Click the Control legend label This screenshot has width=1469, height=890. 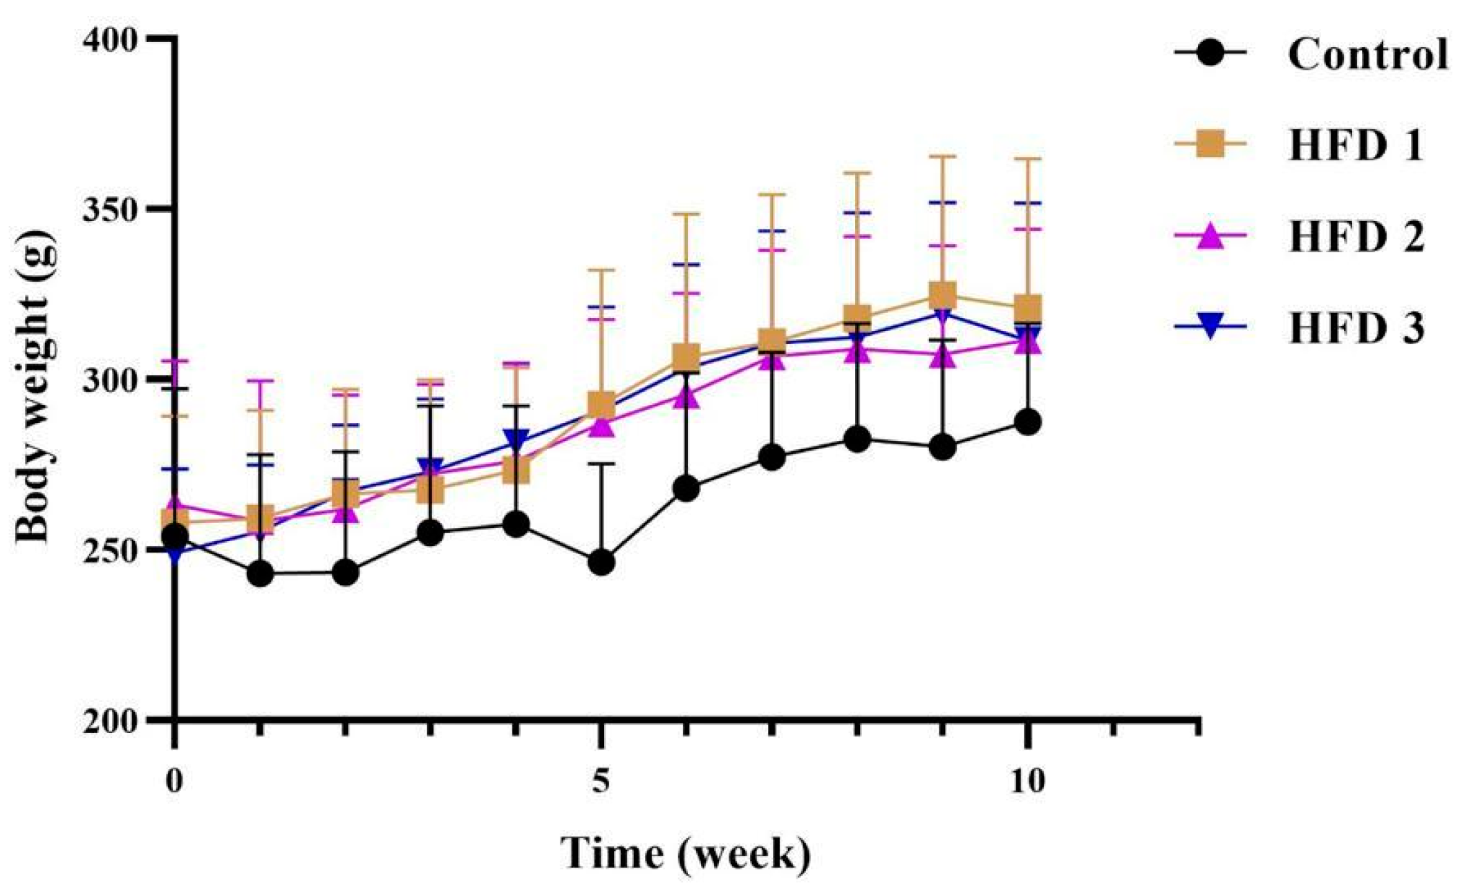coord(1367,54)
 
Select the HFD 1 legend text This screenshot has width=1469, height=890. coord(1356,146)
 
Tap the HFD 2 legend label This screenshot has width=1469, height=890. coord(1356,237)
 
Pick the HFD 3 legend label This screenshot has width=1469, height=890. coord(1356,328)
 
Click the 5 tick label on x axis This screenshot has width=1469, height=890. coord(601,782)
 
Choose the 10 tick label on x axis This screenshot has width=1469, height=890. coord(1027,782)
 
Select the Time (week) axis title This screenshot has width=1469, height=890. coord(684,854)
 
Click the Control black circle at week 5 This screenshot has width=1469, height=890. coord(601,562)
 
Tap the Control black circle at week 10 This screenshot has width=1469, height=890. coord(1028,422)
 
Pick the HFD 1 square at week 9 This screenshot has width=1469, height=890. coord(943,295)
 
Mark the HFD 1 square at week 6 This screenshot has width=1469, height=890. coord(686,357)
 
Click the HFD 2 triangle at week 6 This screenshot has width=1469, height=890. coord(686,397)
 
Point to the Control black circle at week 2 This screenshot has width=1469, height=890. coord(345,572)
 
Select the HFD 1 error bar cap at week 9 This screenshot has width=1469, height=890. coord(943,157)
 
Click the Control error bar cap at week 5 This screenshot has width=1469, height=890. coord(601,464)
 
